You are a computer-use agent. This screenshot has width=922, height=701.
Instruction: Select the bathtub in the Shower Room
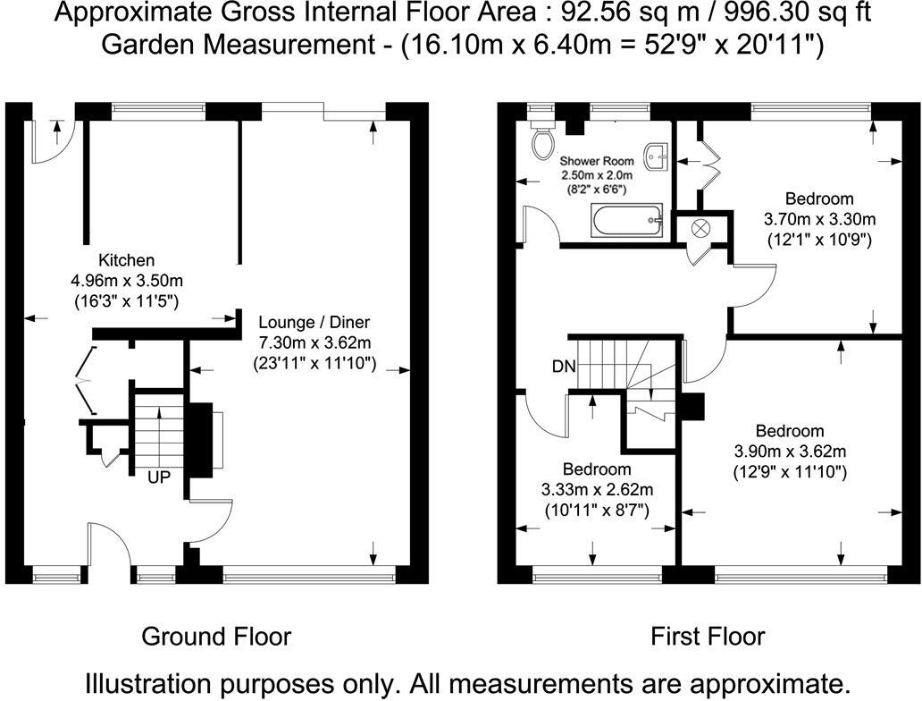click(628, 219)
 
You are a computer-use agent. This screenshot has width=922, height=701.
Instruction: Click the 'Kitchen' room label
click(125, 261)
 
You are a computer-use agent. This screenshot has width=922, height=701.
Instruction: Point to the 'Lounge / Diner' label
click(314, 322)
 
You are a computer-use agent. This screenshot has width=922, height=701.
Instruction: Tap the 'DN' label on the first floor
click(564, 367)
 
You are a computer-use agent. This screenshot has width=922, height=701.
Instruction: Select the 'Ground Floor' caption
click(216, 637)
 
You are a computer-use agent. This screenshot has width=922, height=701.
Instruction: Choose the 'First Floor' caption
click(708, 637)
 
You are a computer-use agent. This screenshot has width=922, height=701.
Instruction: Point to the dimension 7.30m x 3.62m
click(314, 342)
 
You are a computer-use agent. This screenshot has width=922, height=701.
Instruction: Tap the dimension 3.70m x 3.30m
click(819, 219)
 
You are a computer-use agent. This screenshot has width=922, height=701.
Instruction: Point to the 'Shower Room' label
click(597, 161)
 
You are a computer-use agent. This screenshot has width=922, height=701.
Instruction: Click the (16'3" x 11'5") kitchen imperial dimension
click(125, 301)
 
